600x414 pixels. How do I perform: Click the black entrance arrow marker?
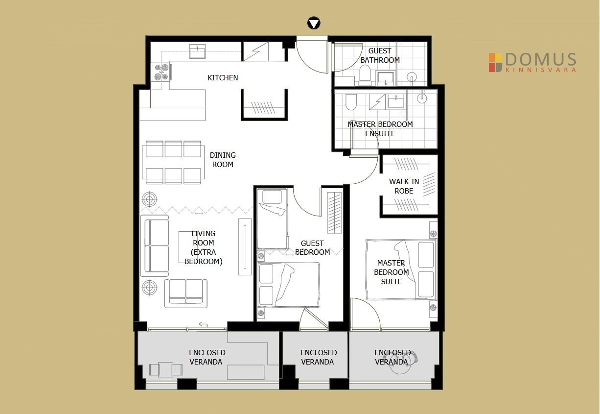314,24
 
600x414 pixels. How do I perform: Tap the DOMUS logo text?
540,59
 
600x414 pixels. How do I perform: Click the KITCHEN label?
223,78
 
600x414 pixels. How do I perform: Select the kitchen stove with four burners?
162,72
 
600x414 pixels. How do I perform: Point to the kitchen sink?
197,51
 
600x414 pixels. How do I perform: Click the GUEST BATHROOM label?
380,55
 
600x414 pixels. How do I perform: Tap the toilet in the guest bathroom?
365,74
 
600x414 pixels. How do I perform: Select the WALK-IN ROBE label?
404,186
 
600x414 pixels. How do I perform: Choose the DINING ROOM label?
223,160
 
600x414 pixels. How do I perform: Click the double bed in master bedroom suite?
401,269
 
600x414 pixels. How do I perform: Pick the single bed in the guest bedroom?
272,219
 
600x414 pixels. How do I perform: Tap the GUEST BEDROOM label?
312,248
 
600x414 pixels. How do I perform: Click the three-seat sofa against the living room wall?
155,245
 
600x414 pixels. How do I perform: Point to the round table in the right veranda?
400,363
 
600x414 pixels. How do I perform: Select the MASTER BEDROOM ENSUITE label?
380,129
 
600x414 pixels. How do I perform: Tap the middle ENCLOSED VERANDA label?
318,357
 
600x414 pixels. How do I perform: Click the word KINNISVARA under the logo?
540,70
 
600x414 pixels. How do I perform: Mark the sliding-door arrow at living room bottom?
203,325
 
